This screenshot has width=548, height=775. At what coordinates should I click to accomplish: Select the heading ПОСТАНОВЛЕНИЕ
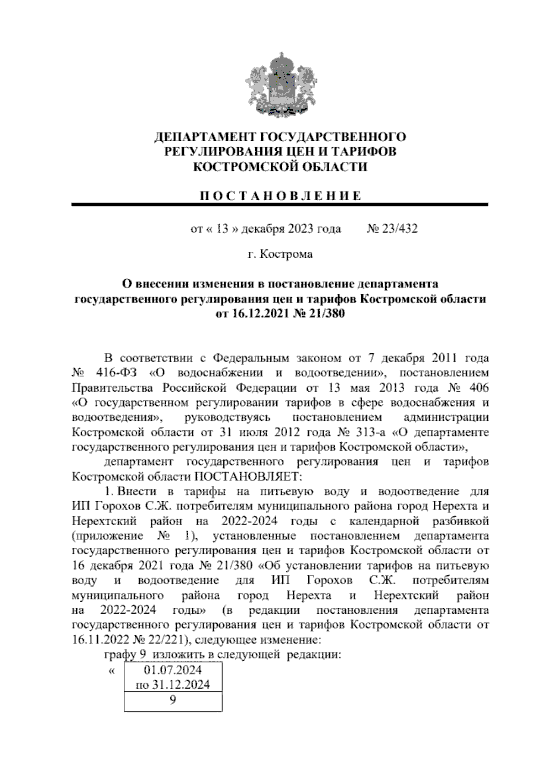coord(280,196)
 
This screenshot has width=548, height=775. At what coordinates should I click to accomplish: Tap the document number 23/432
coord(400,228)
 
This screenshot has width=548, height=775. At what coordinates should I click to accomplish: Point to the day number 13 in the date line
coord(221,228)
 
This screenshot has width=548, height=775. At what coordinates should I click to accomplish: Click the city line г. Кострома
coord(280,254)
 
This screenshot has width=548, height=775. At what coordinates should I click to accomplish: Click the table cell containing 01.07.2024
coord(173,670)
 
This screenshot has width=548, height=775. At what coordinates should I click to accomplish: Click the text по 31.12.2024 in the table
coord(173,685)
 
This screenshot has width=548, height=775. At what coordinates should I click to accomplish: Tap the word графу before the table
coord(120,654)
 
